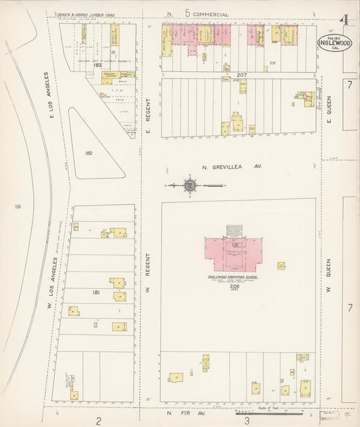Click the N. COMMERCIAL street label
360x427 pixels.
[201, 14]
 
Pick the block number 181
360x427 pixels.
[95, 293]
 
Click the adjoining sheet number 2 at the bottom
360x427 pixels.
[99, 420]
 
